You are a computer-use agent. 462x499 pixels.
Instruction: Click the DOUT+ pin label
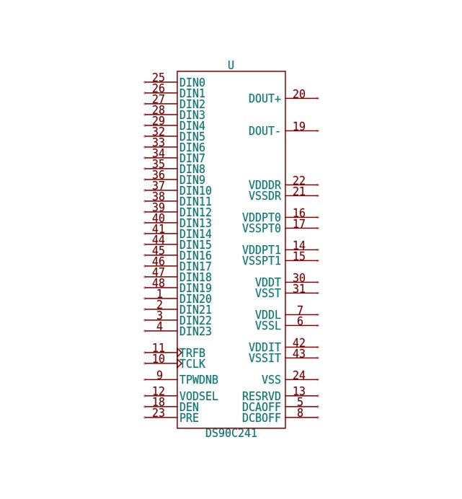[x=265, y=99]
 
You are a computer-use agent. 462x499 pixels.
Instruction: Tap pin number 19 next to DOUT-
[x=299, y=126]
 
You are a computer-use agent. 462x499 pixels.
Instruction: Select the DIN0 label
[x=192, y=82]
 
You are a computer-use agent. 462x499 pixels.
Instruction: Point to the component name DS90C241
[x=231, y=433]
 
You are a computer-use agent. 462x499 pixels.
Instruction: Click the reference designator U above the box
[x=231, y=65]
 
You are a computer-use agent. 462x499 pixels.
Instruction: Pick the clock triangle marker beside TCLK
[x=179, y=363]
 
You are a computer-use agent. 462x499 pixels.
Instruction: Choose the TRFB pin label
[x=193, y=353]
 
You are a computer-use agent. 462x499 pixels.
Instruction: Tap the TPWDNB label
[x=198, y=380]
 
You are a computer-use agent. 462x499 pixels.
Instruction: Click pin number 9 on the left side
[x=159, y=375]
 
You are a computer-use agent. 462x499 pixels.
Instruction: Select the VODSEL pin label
[x=198, y=396]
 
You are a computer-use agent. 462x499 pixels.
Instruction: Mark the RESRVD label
[x=262, y=396]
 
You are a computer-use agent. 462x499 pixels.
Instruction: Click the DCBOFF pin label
[x=262, y=418]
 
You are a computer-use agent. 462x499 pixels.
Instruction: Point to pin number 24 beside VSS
[x=299, y=375]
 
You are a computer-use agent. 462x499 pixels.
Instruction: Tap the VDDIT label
[x=265, y=347]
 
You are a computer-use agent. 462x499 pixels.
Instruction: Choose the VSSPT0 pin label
[x=262, y=228]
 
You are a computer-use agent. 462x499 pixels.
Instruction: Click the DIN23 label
[x=195, y=331]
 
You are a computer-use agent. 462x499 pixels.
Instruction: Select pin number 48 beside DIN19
[x=159, y=283]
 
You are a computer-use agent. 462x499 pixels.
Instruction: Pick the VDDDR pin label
[x=265, y=185]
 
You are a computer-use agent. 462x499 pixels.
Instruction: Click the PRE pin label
[x=189, y=418]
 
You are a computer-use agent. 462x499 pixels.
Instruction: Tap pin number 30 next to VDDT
[x=299, y=278]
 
